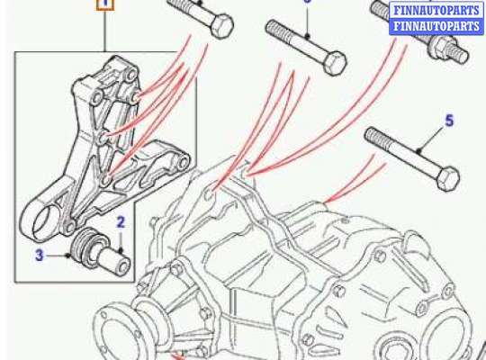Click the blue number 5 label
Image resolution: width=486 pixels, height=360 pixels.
[449, 121]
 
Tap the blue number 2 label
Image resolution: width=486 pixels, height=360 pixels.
[121, 222]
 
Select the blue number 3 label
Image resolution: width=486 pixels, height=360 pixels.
[39, 256]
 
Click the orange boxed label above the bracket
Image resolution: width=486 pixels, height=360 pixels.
[105, 4]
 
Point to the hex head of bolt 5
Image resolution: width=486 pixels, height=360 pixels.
[448, 178]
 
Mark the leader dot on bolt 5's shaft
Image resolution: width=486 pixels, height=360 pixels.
[418, 152]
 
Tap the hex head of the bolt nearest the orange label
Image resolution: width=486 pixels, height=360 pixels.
[221, 26]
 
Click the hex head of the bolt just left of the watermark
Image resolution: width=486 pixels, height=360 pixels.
[335, 63]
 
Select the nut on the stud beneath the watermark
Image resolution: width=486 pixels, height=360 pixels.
[439, 47]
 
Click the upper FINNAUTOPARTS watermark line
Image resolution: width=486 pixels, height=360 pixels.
[436, 10]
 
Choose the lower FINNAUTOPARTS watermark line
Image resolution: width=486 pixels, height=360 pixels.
[436, 26]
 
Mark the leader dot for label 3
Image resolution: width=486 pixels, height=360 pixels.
[67, 256]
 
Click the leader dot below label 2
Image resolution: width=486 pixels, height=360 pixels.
[121, 249]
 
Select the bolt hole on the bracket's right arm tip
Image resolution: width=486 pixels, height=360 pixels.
[184, 162]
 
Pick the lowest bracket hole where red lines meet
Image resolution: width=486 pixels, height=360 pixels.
[106, 179]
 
